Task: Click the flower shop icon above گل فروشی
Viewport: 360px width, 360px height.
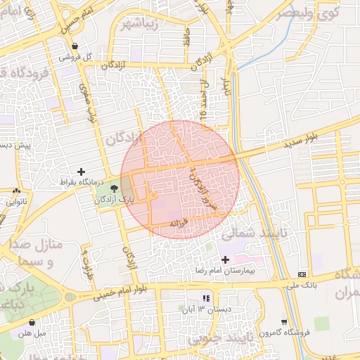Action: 75,46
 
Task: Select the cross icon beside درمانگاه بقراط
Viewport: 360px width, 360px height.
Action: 82,172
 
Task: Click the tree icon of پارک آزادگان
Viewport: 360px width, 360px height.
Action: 114,188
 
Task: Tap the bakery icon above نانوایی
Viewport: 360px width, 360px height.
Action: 16,191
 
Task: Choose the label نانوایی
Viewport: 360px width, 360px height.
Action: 16,201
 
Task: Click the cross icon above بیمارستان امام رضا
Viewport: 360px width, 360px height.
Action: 235,260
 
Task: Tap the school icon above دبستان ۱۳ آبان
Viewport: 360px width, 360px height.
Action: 205,297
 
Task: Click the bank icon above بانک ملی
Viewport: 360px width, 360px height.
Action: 302,274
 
